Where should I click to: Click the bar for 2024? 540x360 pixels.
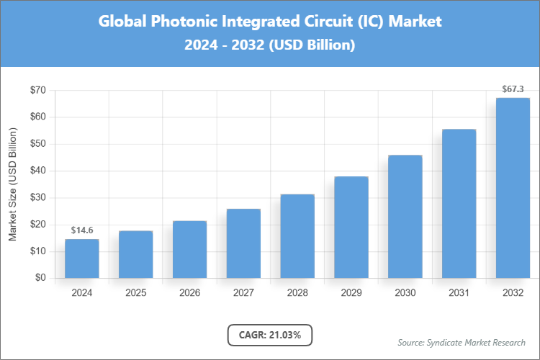tap(81, 258)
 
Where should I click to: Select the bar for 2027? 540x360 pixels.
tap(243, 243)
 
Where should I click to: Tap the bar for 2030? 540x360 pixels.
tap(405, 217)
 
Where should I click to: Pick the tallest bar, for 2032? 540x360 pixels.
tap(513, 188)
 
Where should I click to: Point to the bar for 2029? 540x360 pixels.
tap(351, 228)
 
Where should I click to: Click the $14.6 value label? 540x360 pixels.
tap(81, 230)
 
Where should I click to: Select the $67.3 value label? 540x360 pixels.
tap(513, 89)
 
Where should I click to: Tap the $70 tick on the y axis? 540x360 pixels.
tap(37, 90)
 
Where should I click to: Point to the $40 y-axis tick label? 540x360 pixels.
tap(37, 171)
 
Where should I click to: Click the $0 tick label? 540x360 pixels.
tap(40, 278)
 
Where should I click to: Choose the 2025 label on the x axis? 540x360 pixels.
tap(135, 293)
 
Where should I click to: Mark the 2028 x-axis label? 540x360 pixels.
tap(297, 293)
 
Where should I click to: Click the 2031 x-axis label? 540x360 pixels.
tap(459, 293)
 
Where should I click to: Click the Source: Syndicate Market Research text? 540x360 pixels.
tap(462, 342)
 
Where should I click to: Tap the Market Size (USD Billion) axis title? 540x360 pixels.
tap(12, 184)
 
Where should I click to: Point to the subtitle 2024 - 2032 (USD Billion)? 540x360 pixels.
tap(270, 45)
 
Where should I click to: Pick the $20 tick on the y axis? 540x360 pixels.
tap(37, 225)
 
